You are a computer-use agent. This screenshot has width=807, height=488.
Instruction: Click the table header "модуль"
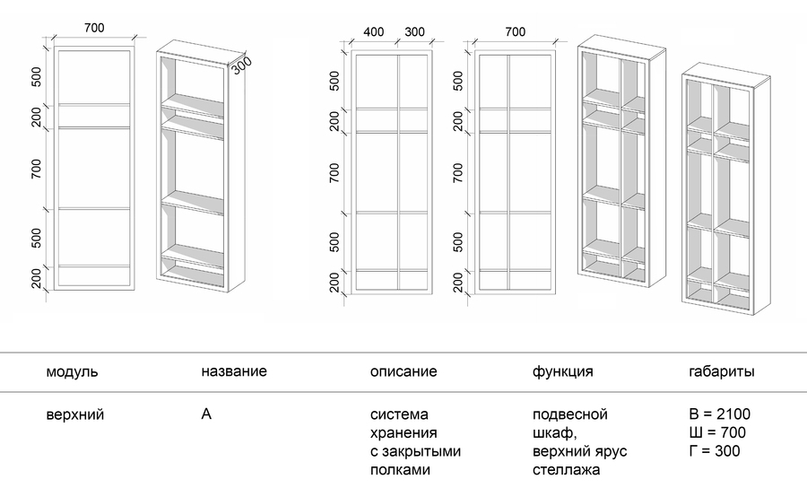point(72,371)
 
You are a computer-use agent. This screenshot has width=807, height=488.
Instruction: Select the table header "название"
point(234,371)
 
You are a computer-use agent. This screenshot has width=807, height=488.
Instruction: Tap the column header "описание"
point(403,371)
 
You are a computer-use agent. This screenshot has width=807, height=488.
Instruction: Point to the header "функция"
point(563,371)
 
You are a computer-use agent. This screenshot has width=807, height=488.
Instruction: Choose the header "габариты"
point(721,371)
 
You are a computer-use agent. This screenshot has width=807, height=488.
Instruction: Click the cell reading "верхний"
point(75,414)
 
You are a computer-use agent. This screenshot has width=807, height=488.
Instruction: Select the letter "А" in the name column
point(207,414)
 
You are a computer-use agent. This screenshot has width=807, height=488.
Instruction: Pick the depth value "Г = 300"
point(714,450)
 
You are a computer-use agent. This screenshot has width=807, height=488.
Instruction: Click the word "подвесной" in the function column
point(570,414)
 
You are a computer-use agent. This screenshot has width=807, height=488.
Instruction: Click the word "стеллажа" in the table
point(566,468)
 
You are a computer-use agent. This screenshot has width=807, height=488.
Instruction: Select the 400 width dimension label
point(374,32)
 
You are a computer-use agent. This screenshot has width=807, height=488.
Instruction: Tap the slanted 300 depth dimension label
point(240,66)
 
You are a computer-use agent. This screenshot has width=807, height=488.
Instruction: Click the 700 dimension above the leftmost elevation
point(94,28)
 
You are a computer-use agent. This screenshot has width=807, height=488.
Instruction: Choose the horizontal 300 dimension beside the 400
point(414,32)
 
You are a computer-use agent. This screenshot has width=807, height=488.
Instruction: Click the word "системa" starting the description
point(399,414)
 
